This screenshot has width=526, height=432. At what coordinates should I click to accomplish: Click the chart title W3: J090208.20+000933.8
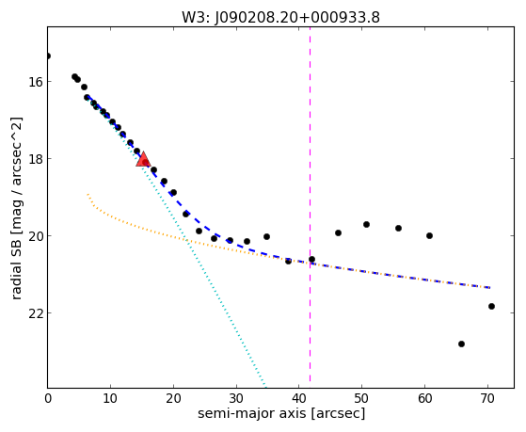(280, 17)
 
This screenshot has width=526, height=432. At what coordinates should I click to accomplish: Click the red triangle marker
(143, 160)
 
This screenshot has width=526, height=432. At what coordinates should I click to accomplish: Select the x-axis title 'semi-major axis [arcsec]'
(281, 413)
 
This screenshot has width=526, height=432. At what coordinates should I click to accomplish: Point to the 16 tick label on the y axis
(35, 82)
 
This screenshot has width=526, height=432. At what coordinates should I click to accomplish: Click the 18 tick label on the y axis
(35, 159)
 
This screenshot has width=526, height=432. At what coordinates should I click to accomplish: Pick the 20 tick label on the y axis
(35, 236)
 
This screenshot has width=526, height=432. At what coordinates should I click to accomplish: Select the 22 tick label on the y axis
(35, 313)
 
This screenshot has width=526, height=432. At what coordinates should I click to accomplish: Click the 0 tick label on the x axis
(48, 398)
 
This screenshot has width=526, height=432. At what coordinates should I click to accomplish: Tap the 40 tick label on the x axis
(299, 398)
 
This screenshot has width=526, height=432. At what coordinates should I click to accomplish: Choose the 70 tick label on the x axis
(487, 398)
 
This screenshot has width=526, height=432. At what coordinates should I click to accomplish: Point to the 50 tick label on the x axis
(361, 398)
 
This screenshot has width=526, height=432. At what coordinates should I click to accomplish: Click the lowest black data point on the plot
(461, 344)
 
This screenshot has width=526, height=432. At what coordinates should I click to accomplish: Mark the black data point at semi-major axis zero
(48, 56)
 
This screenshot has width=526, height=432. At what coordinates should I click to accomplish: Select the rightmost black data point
(491, 306)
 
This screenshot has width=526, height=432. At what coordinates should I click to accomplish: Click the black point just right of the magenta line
(312, 259)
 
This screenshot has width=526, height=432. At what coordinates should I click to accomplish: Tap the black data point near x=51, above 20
(366, 224)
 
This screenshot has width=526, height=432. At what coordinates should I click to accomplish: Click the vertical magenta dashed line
(310, 204)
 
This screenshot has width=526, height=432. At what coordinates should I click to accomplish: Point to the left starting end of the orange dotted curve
(88, 194)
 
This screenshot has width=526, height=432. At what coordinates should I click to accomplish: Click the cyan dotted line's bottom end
(265, 386)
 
